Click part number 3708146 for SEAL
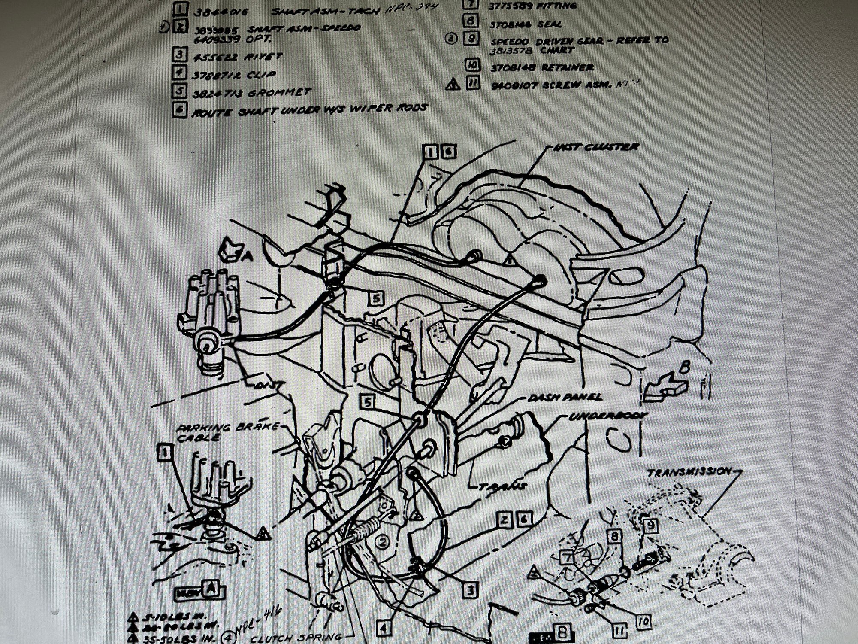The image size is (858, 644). point(510,24)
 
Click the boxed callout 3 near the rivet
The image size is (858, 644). point(470,591)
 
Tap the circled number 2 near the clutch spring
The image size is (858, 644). point(383,542)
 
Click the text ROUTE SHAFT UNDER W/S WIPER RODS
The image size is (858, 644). point(309,109)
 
